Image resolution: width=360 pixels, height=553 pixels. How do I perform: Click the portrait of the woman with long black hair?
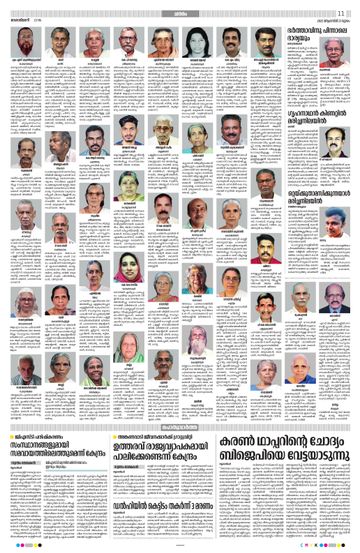pyautogui.click(x=195, y=44)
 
